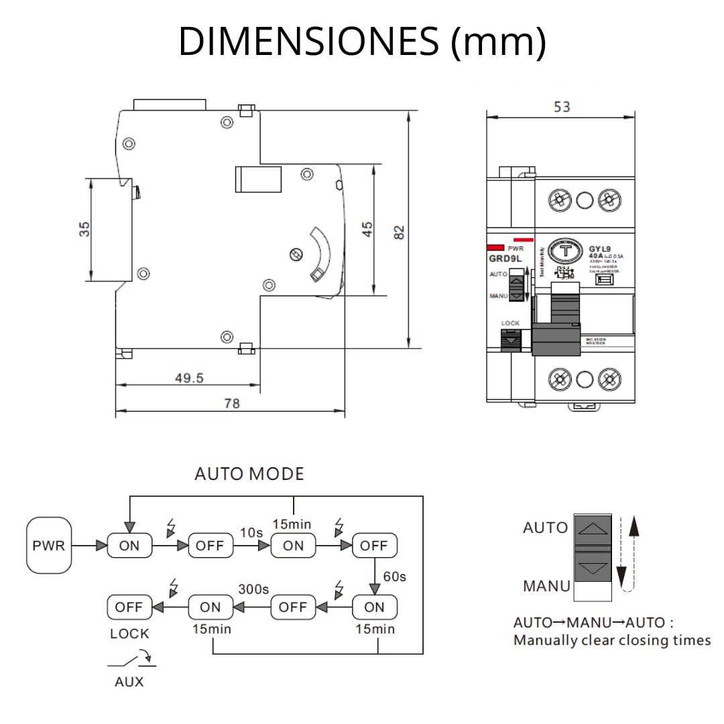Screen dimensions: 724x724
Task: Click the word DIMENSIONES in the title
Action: pyautogui.click(x=308, y=42)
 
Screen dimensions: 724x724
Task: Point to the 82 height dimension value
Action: pyautogui.click(x=399, y=233)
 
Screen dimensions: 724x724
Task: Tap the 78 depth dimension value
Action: pyautogui.click(x=231, y=404)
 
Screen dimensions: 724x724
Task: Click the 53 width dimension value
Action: pyautogui.click(x=562, y=107)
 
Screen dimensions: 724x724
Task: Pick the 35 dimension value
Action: pyautogui.click(x=84, y=229)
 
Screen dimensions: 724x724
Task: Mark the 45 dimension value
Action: pyautogui.click(x=367, y=229)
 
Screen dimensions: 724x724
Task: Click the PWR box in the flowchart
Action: pyautogui.click(x=49, y=545)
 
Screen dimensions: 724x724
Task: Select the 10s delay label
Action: pyautogui.click(x=251, y=532)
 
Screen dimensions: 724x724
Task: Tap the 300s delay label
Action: pyautogui.click(x=253, y=590)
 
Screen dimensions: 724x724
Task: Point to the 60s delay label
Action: pyautogui.click(x=394, y=577)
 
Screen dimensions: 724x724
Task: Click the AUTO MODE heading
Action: pyautogui.click(x=249, y=474)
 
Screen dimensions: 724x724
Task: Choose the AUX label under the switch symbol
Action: pyautogui.click(x=129, y=682)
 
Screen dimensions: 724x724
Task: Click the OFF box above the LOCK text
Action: pyautogui.click(x=129, y=607)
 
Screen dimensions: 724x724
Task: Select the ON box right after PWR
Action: pyautogui.click(x=129, y=546)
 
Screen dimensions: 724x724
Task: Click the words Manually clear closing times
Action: pyautogui.click(x=611, y=640)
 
